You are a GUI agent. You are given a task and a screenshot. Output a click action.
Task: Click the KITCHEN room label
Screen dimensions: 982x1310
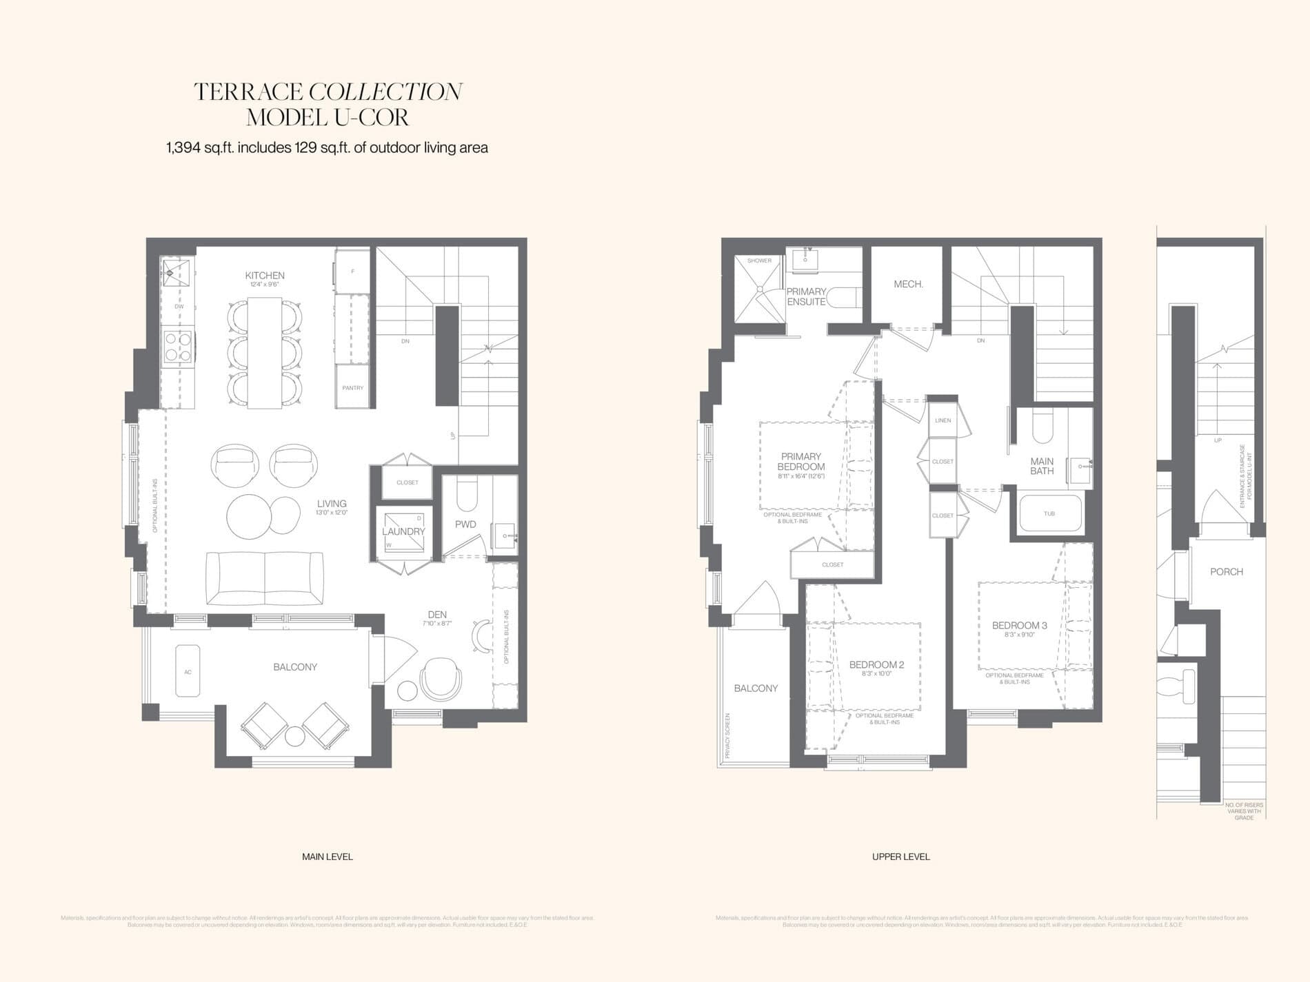(265, 276)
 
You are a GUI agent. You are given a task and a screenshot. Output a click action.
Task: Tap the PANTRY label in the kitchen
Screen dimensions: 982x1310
(352, 388)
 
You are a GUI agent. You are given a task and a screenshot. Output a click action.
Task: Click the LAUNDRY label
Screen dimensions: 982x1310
(403, 531)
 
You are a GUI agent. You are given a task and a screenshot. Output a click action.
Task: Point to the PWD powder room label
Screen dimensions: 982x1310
(465, 524)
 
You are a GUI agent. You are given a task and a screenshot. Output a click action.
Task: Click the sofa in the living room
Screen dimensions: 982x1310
(265, 579)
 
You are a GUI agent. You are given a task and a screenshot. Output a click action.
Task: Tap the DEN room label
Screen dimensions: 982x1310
(437, 615)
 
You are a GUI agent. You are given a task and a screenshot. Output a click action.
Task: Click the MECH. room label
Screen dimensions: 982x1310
(908, 284)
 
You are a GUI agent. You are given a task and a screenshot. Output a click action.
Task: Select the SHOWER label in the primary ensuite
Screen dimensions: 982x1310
(759, 260)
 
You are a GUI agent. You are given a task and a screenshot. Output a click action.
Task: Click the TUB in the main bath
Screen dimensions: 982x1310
(1049, 513)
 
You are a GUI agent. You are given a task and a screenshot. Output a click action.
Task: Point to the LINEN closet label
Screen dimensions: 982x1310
(943, 420)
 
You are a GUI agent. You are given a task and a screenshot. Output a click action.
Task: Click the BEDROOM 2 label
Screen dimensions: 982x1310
(876, 665)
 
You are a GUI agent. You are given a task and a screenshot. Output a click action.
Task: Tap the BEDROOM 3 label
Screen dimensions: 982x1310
(1019, 626)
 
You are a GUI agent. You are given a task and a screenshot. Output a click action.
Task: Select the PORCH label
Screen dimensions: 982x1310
(1227, 572)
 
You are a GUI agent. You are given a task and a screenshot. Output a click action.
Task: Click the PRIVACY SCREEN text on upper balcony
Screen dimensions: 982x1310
(727, 735)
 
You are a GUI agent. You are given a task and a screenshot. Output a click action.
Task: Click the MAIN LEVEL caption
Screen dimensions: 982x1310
(327, 857)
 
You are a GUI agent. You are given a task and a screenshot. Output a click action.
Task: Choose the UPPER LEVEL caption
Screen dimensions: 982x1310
(900, 857)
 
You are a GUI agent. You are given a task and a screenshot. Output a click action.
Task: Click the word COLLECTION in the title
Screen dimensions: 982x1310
(385, 92)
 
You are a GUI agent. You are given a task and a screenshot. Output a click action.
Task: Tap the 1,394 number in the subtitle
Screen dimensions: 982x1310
(183, 147)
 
